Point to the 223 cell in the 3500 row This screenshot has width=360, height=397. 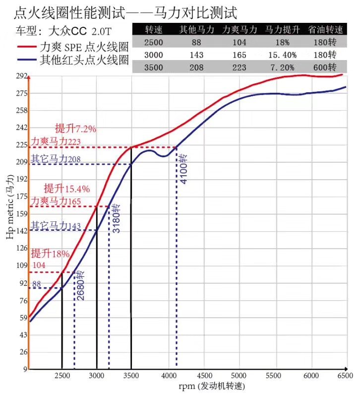239,67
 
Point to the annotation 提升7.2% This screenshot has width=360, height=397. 75,129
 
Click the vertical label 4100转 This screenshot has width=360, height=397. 183,169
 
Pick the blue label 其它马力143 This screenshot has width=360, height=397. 56,226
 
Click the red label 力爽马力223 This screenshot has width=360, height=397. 56,142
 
